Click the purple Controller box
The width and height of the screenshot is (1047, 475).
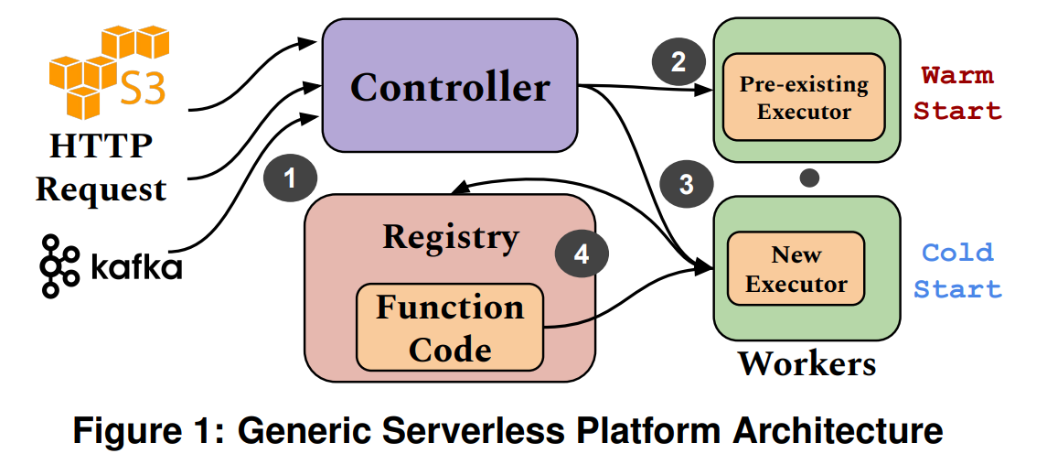449,86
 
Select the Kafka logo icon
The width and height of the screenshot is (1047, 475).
59,265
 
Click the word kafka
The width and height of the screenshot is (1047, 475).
136,266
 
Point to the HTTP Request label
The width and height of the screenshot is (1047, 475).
101,167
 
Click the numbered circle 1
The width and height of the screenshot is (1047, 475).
290,178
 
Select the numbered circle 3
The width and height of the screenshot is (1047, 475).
687,184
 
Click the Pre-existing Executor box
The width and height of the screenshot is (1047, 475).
804,98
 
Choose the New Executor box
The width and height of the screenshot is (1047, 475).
796,268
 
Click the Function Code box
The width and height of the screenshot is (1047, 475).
450,327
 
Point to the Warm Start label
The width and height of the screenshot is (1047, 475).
957,92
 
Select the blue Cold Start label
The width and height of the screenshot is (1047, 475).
957,270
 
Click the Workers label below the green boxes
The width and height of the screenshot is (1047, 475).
807,363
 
